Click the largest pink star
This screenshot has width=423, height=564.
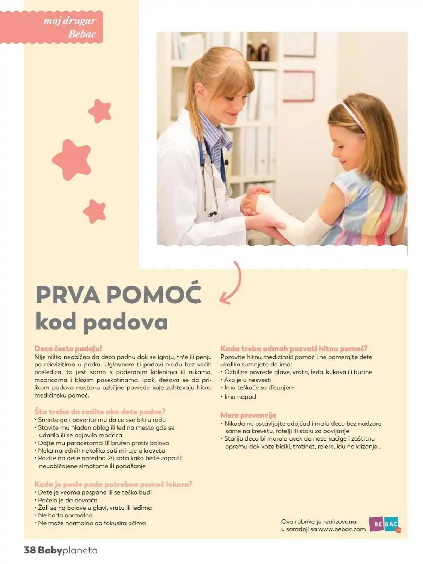pyautogui.click(x=72, y=159)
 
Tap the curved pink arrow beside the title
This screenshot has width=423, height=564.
pyautogui.click(x=233, y=284)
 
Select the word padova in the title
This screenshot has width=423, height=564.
pyautogui.click(x=125, y=322)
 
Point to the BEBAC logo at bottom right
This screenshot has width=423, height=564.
pyautogui.click(x=384, y=524)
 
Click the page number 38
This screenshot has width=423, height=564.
pyautogui.click(x=30, y=550)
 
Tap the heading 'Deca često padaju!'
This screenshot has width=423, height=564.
pyautogui.click(x=68, y=348)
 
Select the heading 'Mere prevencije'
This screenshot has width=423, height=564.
pyautogui.click(x=248, y=415)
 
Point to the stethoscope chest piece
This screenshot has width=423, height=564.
pyautogui.click(x=213, y=214)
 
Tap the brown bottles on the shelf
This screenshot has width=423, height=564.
pyautogui.click(x=258, y=51)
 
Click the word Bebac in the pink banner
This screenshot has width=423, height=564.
pyautogui.click(x=82, y=34)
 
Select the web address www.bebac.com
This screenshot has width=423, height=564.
pyautogui.click(x=342, y=529)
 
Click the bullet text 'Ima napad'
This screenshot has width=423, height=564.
pyautogui.click(x=240, y=396)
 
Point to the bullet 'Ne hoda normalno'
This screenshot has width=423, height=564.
pyautogui.click(x=65, y=515)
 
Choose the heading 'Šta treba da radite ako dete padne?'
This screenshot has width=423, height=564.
pyautogui.click(x=100, y=412)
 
